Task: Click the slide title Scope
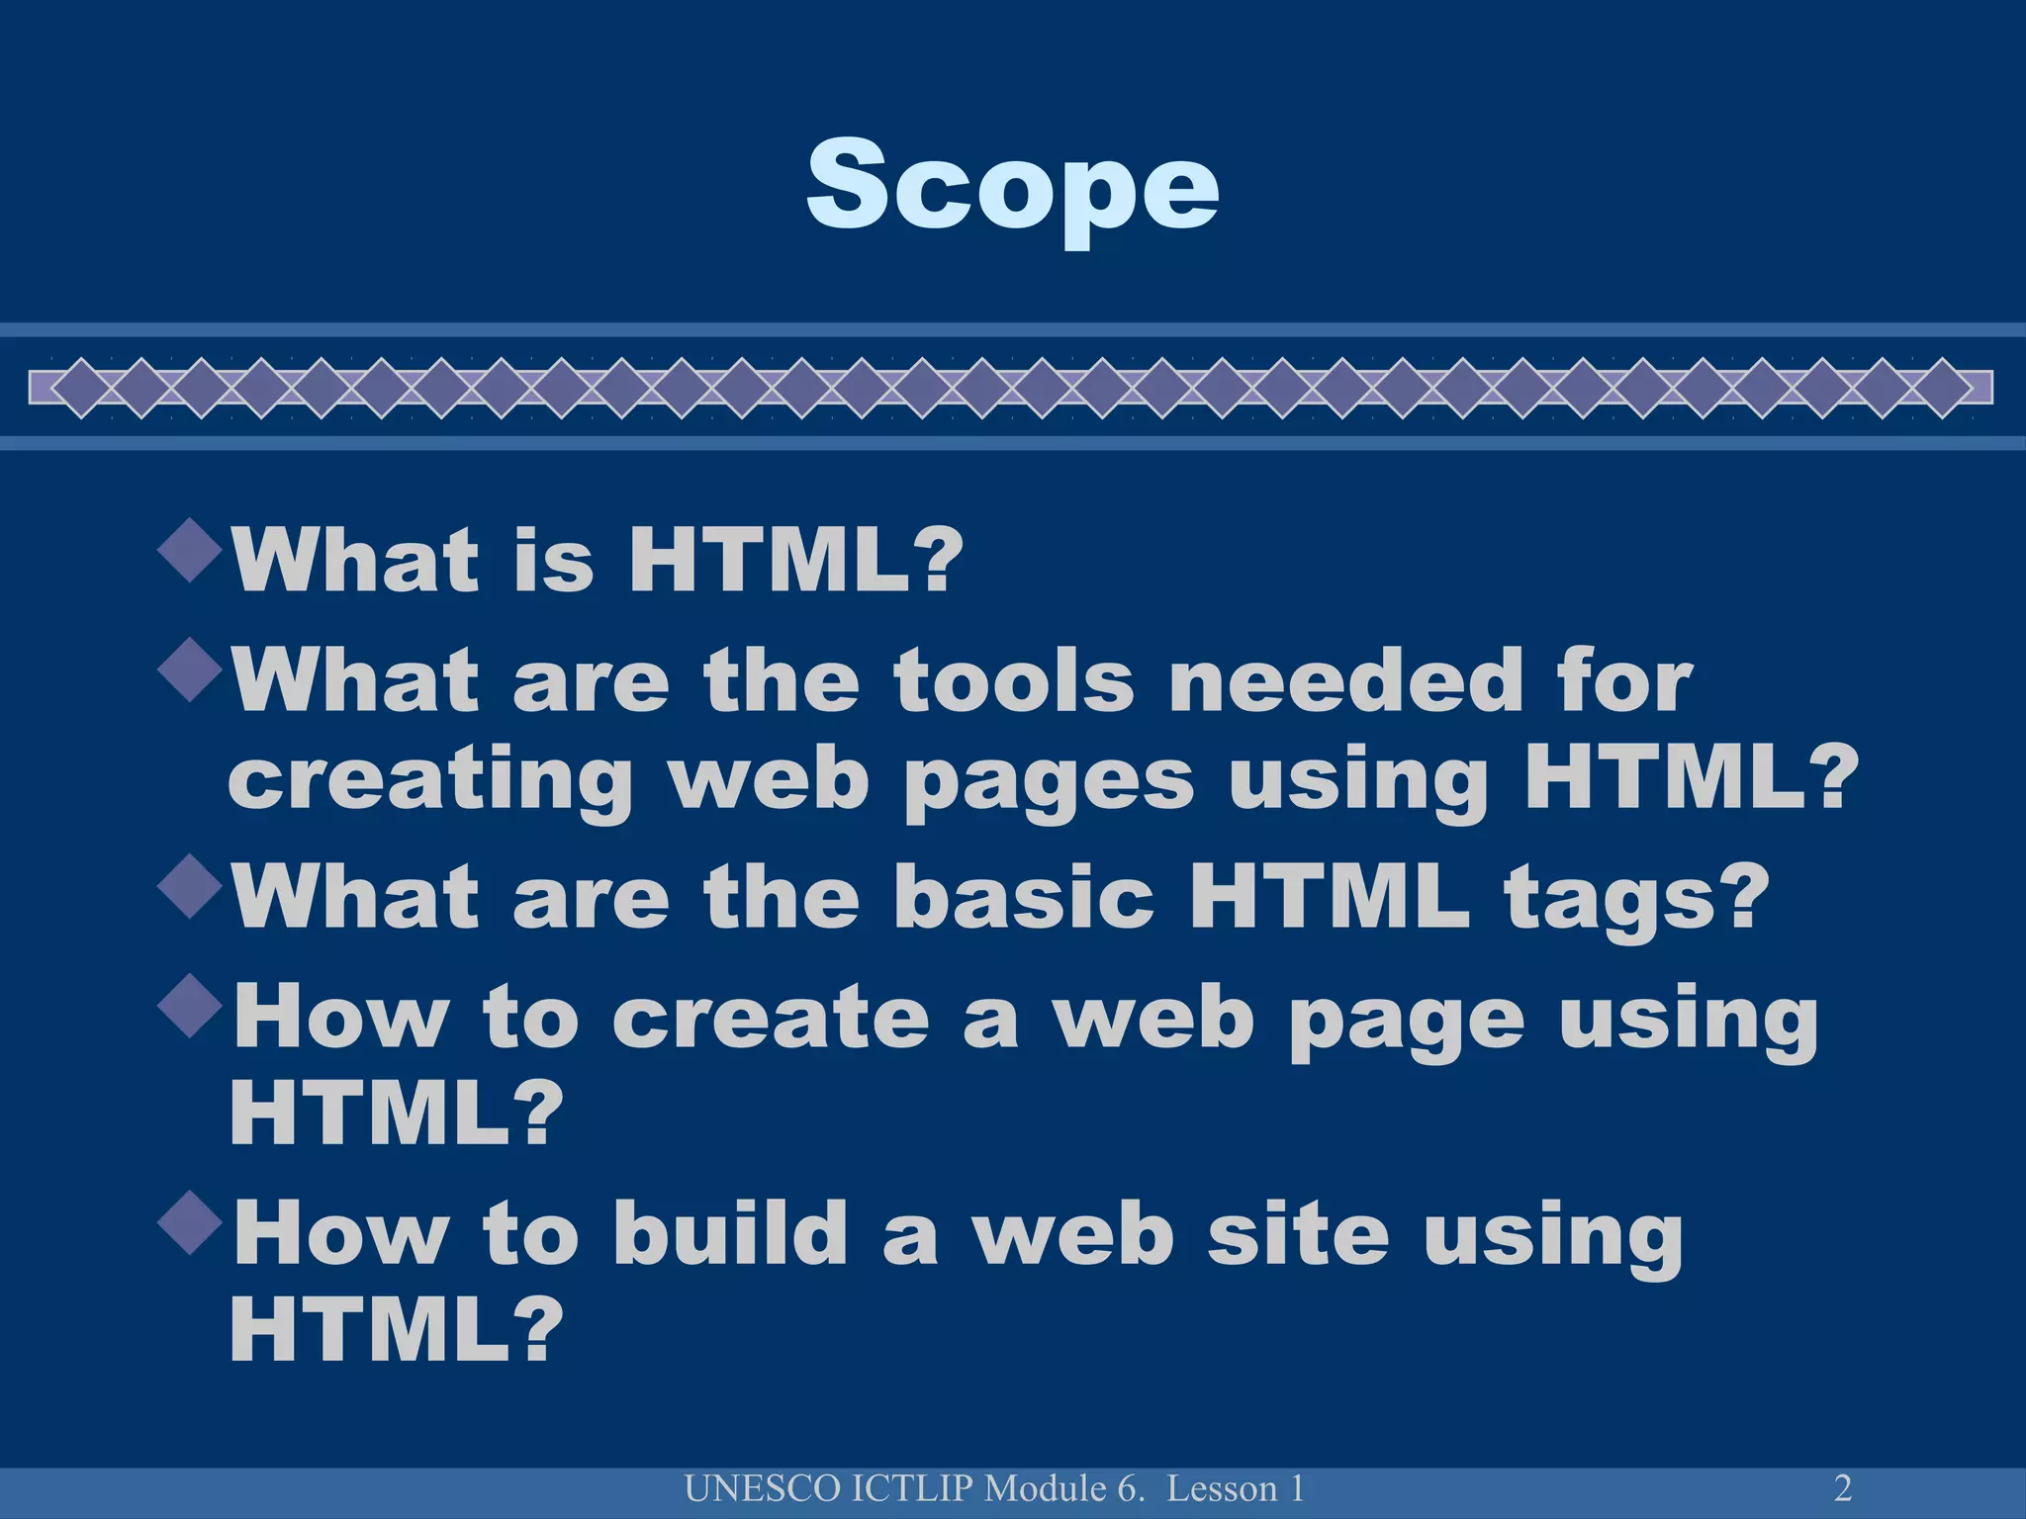point(1012,185)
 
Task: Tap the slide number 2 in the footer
point(1843,1487)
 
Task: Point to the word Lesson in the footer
point(1222,1488)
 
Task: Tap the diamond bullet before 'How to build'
point(189,1225)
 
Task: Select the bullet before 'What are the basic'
point(189,889)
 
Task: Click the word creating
point(430,781)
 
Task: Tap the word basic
point(1024,898)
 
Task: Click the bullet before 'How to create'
point(189,1008)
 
